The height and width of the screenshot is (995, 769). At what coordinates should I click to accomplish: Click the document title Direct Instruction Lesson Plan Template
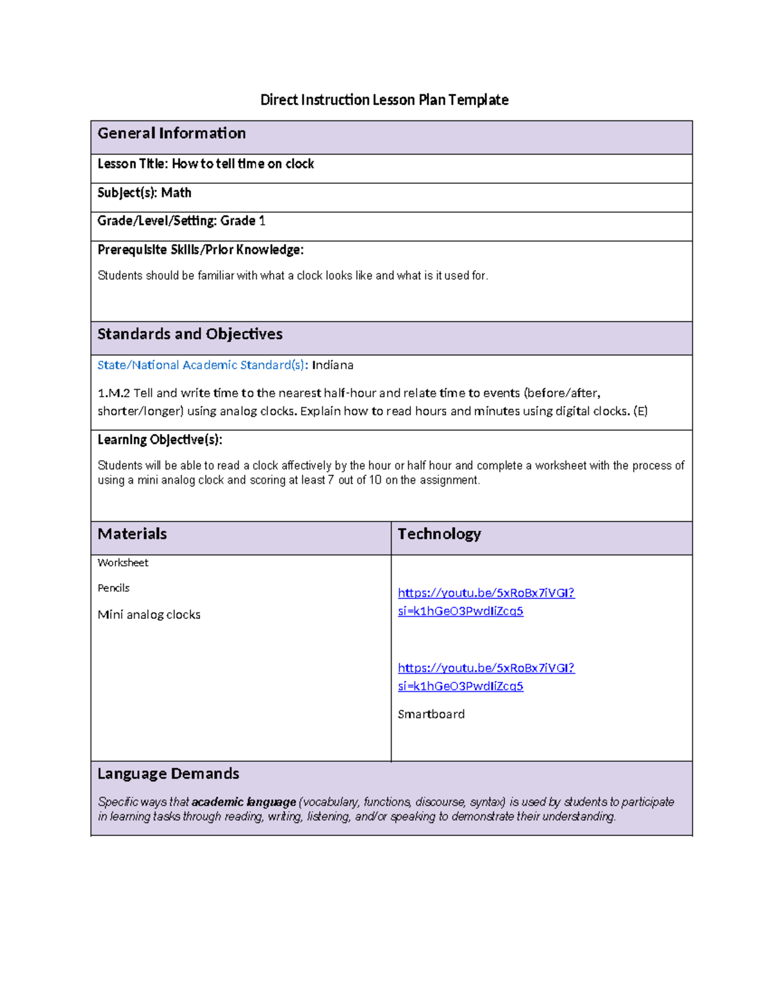coord(384,100)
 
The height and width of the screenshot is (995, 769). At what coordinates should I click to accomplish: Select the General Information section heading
coord(171,133)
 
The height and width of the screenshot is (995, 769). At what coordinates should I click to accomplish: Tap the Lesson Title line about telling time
coord(206,164)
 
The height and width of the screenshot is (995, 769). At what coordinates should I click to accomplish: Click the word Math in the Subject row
coord(176,193)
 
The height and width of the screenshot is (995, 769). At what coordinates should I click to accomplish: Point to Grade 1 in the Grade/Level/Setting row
coord(243,221)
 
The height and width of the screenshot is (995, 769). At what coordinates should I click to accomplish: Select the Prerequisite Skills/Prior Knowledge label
coord(200,250)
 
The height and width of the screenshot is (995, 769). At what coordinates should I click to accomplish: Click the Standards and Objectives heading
coord(190,334)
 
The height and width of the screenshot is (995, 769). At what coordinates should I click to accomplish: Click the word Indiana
coord(333,365)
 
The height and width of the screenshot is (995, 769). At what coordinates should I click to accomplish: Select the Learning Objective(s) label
coord(160,440)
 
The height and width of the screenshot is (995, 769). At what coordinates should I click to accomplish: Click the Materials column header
coord(132,534)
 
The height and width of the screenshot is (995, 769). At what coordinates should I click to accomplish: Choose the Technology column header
coord(439,534)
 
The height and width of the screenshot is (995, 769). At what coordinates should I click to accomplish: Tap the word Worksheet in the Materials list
coord(122,563)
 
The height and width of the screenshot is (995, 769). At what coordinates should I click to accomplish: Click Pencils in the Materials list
coord(113,588)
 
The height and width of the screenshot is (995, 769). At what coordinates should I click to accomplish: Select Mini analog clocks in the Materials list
coord(149,615)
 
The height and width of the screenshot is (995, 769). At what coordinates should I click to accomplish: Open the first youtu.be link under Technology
coord(486,593)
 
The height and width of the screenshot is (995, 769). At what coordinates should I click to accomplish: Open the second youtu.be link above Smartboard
coord(486,668)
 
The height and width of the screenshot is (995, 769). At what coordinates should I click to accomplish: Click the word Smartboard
coord(431,714)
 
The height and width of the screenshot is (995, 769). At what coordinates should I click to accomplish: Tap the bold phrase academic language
coord(244,802)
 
